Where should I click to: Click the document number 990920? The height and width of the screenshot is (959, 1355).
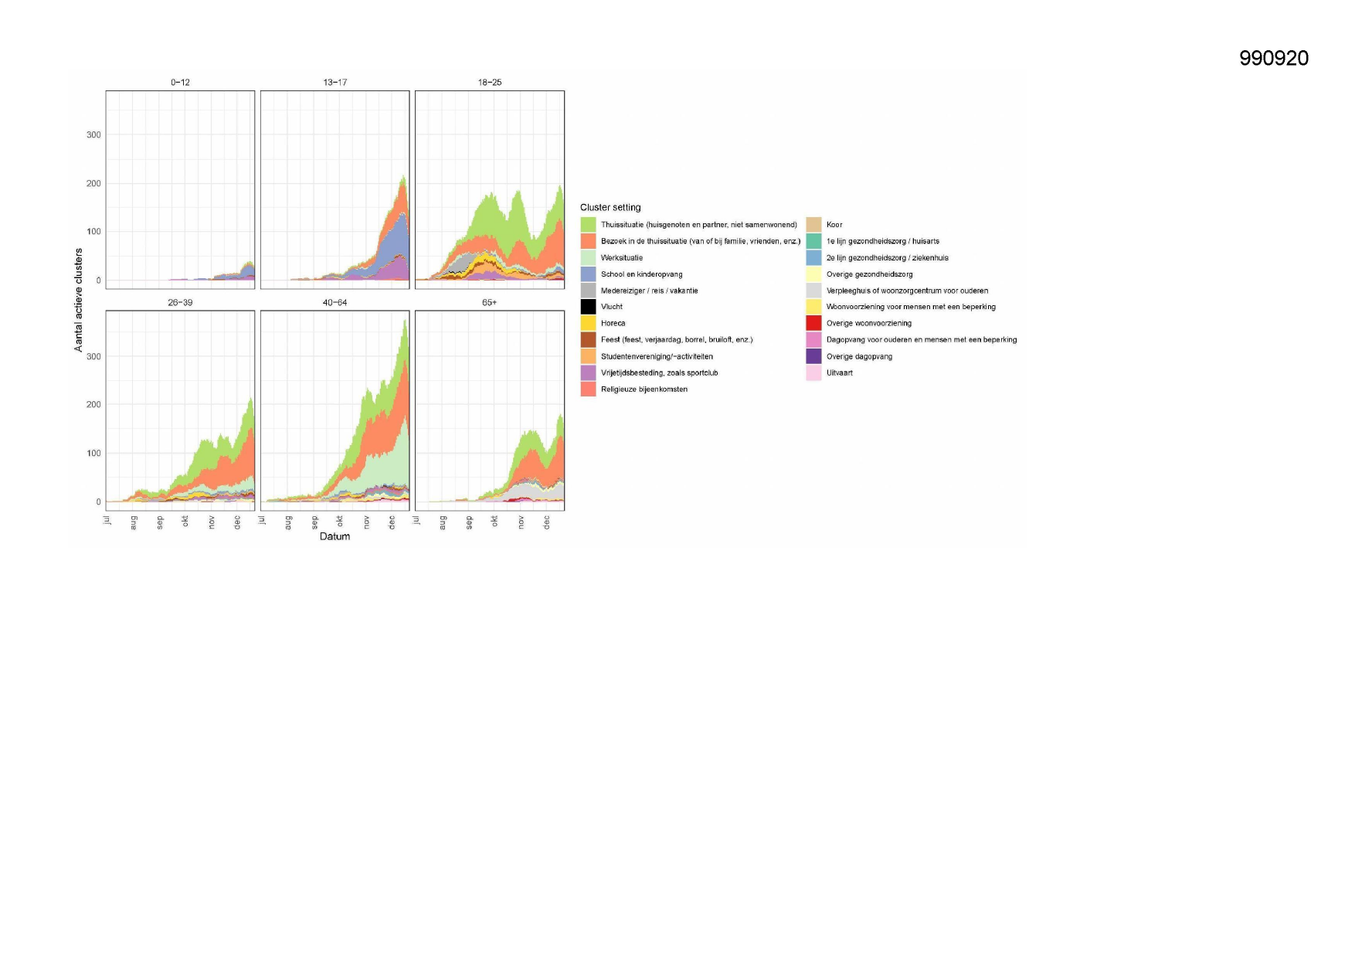pyautogui.click(x=1273, y=59)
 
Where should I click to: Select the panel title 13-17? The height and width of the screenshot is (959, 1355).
pyautogui.click(x=335, y=82)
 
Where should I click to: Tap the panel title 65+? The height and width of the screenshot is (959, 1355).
pyautogui.click(x=489, y=302)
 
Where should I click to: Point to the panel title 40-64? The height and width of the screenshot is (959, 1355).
pyautogui.click(x=335, y=302)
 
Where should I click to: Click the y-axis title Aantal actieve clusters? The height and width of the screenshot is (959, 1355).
pyautogui.click(x=78, y=300)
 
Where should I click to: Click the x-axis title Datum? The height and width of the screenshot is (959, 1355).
pyautogui.click(x=335, y=536)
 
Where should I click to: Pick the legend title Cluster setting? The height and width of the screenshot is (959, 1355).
pyautogui.click(x=610, y=207)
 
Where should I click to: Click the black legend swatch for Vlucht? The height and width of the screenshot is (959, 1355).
pyautogui.click(x=588, y=307)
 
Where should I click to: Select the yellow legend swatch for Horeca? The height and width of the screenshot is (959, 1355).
pyautogui.click(x=588, y=323)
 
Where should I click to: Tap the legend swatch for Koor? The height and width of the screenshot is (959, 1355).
pyautogui.click(x=813, y=225)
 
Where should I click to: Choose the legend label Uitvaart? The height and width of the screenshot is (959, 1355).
pyautogui.click(x=839, y=372)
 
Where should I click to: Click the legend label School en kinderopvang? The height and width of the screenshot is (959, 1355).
pyautogui.click(x=641, y=274)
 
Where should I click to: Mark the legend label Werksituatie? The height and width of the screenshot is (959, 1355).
pyautogui.click(x=621, y=258)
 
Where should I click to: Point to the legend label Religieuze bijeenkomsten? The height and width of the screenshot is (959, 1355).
pyautogui.click(x=644, y=389)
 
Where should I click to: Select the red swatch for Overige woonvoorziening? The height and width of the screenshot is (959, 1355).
pyautogui.click(x=813, y=323)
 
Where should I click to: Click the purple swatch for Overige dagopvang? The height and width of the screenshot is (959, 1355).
pyautogui.click(x=813, y=356)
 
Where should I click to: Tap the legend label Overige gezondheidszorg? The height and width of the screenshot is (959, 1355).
pyautogui.click(x=869, y=274)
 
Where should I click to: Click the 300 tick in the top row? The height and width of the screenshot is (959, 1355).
pyautogui.click(x=93, y=134)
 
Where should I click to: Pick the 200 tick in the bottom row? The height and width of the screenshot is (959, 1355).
pyautogui.click(x=93, y=404)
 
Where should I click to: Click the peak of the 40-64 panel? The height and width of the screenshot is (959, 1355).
pyautogui.click(x=406, y=321)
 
